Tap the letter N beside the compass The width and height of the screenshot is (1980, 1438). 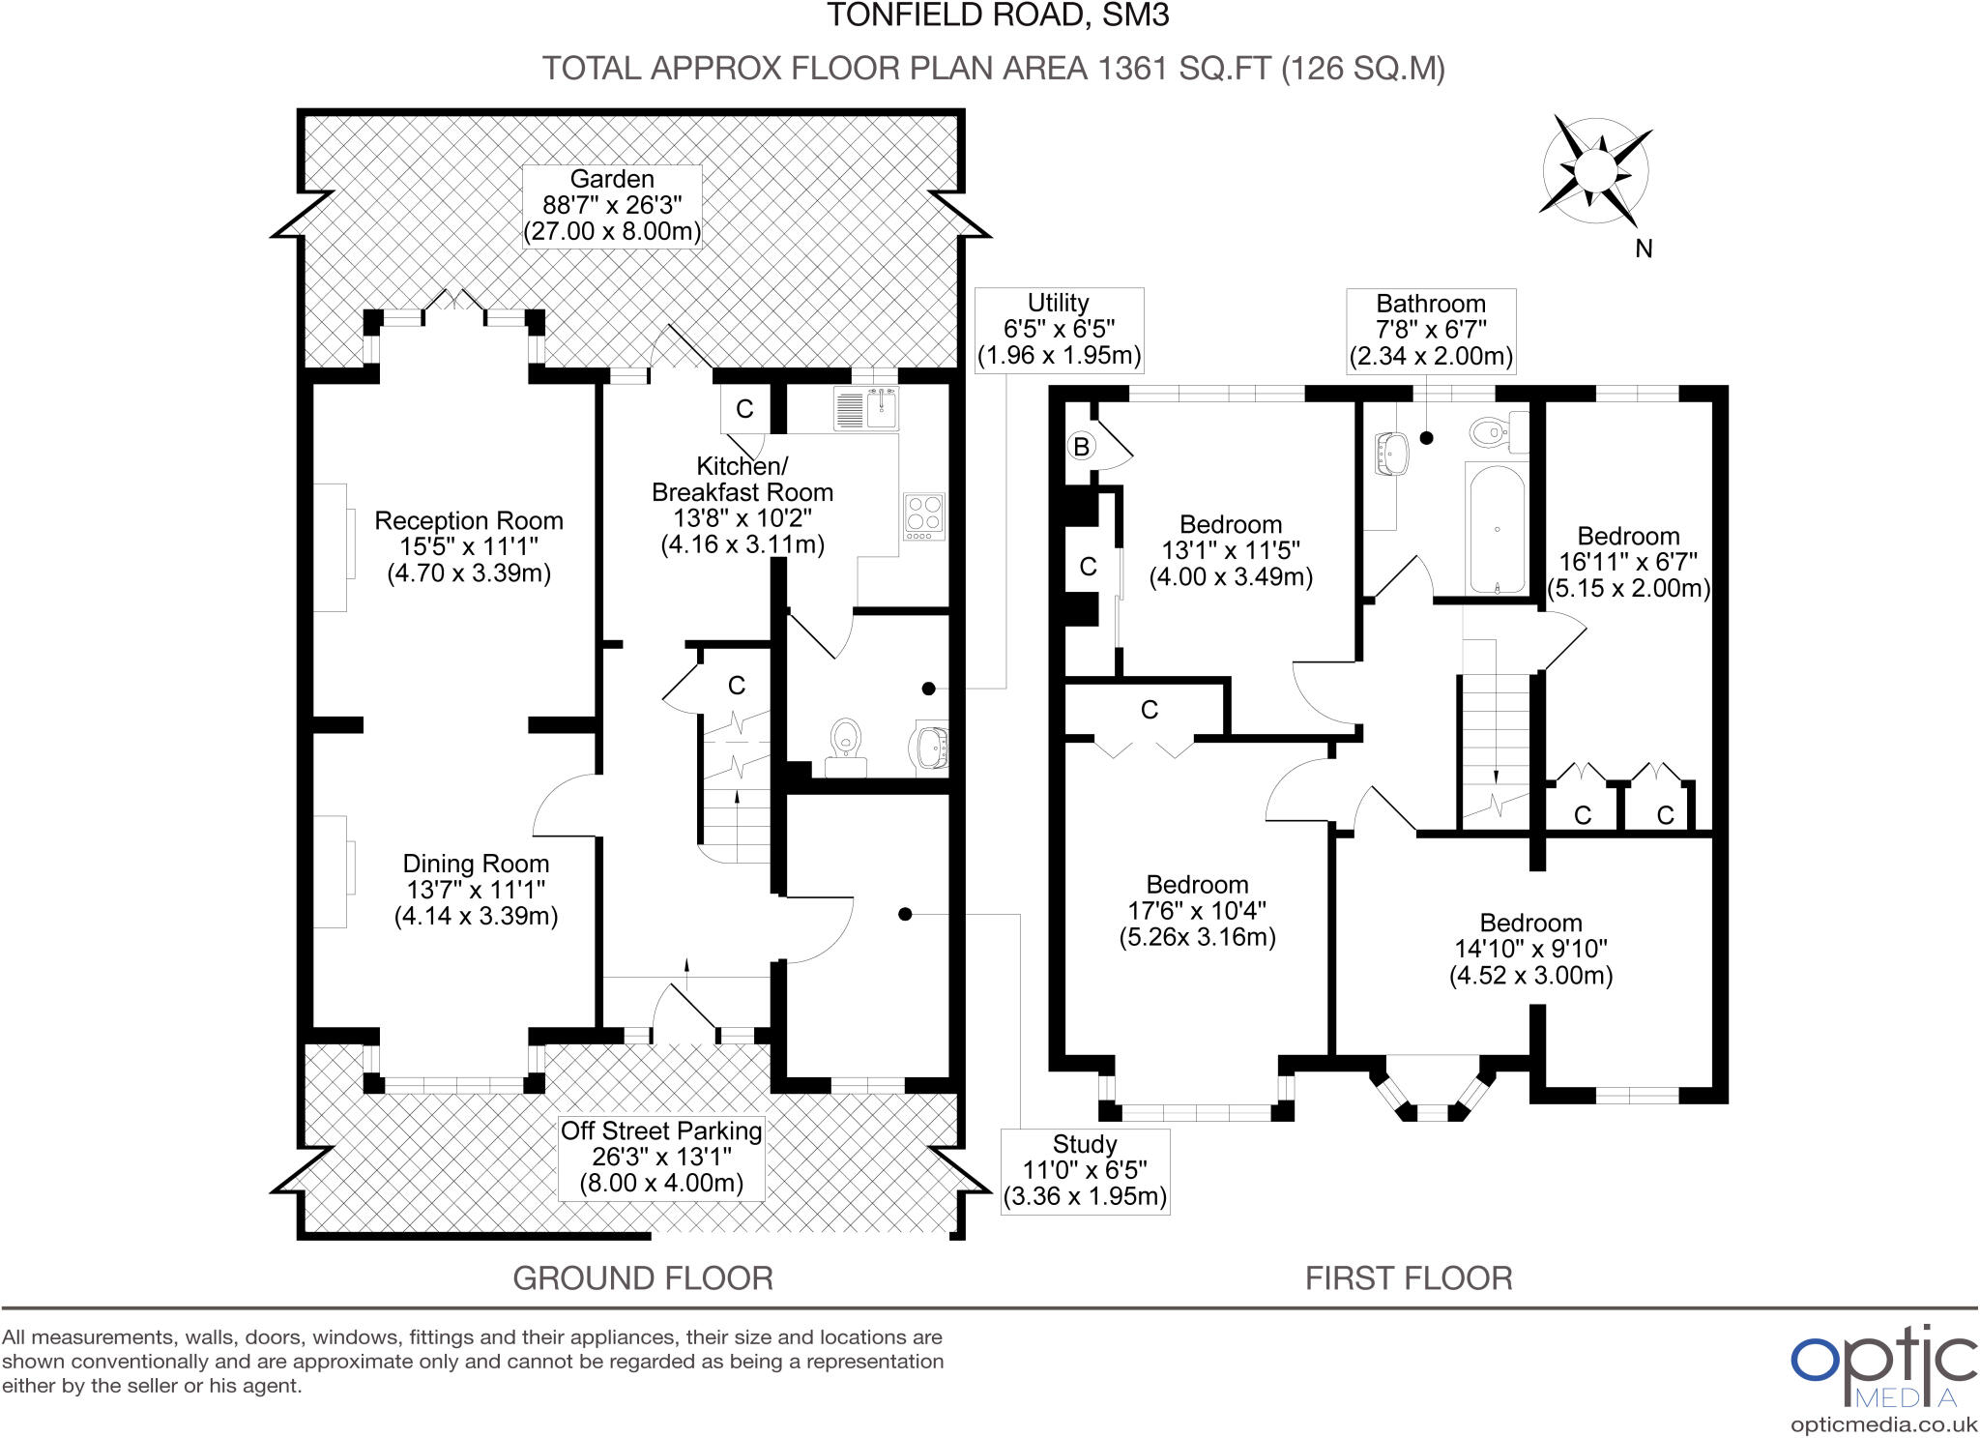1644,249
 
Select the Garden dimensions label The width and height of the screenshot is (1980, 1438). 612,206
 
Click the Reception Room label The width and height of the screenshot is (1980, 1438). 469,547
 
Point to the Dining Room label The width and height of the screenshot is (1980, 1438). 476,890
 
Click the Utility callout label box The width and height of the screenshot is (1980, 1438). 1059,330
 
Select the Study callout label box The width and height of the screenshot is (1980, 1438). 1085,1171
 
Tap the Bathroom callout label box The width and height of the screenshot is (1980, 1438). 1431,331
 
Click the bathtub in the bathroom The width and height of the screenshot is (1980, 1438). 1497,528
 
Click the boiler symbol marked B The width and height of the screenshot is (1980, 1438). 1082,447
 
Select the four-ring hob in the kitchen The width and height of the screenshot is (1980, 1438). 923,516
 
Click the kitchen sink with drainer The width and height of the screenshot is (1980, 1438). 866,409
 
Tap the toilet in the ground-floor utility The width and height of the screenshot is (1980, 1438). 846,746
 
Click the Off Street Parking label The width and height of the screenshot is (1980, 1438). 662,1157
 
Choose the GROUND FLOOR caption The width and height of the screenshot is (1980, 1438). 643,1278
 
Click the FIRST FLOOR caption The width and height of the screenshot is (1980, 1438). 1409,1278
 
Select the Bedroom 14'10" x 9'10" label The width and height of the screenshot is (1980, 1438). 1530,949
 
